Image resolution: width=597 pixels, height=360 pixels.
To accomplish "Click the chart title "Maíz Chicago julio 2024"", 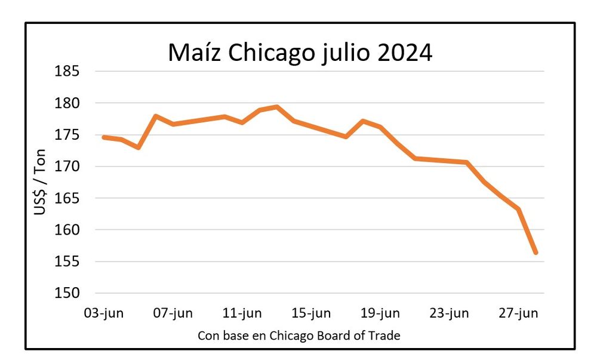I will tap(300, 53).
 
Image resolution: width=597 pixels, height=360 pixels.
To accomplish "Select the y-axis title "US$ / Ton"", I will tap(40, 181).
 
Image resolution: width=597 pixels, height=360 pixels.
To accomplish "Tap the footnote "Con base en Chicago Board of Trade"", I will tap(298, 336).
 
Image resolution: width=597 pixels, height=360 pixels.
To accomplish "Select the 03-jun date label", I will tap(104, 313).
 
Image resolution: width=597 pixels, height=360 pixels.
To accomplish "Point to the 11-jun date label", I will tap(242, 313).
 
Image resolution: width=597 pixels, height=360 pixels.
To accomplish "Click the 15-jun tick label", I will tap(311, 313).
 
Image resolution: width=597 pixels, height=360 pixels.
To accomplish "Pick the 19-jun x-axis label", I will tap(380, 313).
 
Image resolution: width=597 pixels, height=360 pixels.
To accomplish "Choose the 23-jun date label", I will tap(450, 313).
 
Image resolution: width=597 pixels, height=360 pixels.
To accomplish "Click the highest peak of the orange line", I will tap(276, 107).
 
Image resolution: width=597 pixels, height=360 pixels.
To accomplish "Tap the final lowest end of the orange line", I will tap(536, 253).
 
